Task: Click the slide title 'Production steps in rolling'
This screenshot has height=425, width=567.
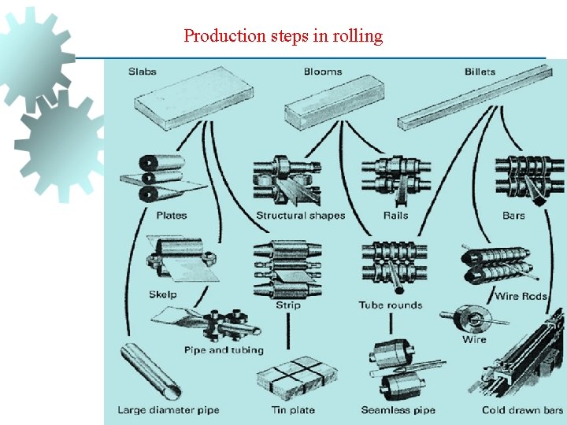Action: (283, 36)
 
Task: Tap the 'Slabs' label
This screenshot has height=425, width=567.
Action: (143, 72)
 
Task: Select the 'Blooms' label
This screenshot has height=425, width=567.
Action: (323, 72)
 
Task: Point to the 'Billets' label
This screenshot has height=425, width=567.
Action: (480, 72)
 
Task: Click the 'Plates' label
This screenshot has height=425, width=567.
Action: (172, 216)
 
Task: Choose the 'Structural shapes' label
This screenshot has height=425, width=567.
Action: (300, 216)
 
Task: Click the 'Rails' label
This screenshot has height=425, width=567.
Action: (395, 216)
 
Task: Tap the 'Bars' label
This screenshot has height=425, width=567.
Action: (513, 216)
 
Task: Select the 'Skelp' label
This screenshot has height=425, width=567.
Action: (163, 295)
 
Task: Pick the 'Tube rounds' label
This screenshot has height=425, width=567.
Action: (390, 305)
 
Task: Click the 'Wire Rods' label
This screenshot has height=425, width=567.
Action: (521, 297)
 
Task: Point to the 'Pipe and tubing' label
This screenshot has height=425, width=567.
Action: (224, 350)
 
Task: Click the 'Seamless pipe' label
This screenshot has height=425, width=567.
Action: (398, 410)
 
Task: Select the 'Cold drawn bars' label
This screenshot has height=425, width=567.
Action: (522, 410)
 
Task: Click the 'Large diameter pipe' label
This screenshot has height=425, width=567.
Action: (168, 410)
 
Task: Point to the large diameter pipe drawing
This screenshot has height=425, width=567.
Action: (150, 369)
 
